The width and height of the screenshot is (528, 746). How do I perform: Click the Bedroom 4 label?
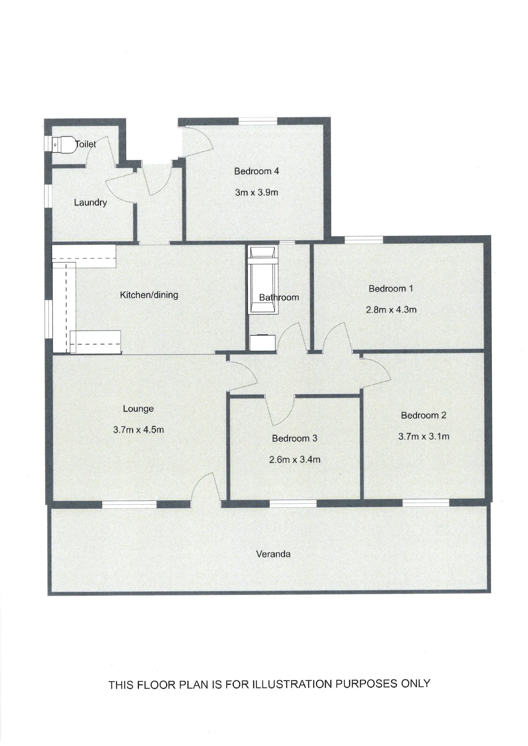coord(256,171)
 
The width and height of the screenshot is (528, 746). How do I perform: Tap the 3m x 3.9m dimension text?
coord(256,192)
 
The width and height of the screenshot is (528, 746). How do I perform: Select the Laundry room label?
coord(90,203)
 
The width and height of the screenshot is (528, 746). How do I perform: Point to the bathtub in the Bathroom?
coord(263,280)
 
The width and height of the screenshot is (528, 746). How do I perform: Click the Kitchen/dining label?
coord(149,295)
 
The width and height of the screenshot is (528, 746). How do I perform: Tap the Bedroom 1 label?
coord(391,288)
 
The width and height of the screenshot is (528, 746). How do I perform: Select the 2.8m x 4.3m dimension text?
coord(391,310)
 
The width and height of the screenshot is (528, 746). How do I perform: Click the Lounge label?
coord(138,409)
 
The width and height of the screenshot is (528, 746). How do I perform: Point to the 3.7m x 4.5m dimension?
coord(138,430)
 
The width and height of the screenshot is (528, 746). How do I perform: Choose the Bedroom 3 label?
coord(295,438)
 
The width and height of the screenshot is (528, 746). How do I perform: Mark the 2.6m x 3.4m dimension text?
coord(295,460)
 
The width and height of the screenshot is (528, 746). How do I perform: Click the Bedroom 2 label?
coord(423,415)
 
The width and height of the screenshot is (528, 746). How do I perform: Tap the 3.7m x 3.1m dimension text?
coord(424,436)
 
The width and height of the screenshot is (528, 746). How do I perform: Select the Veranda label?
coord(273,554)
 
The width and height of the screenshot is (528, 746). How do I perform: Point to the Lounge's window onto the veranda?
coord(129,504)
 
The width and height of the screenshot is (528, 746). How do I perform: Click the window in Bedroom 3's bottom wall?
coord(293,504)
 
